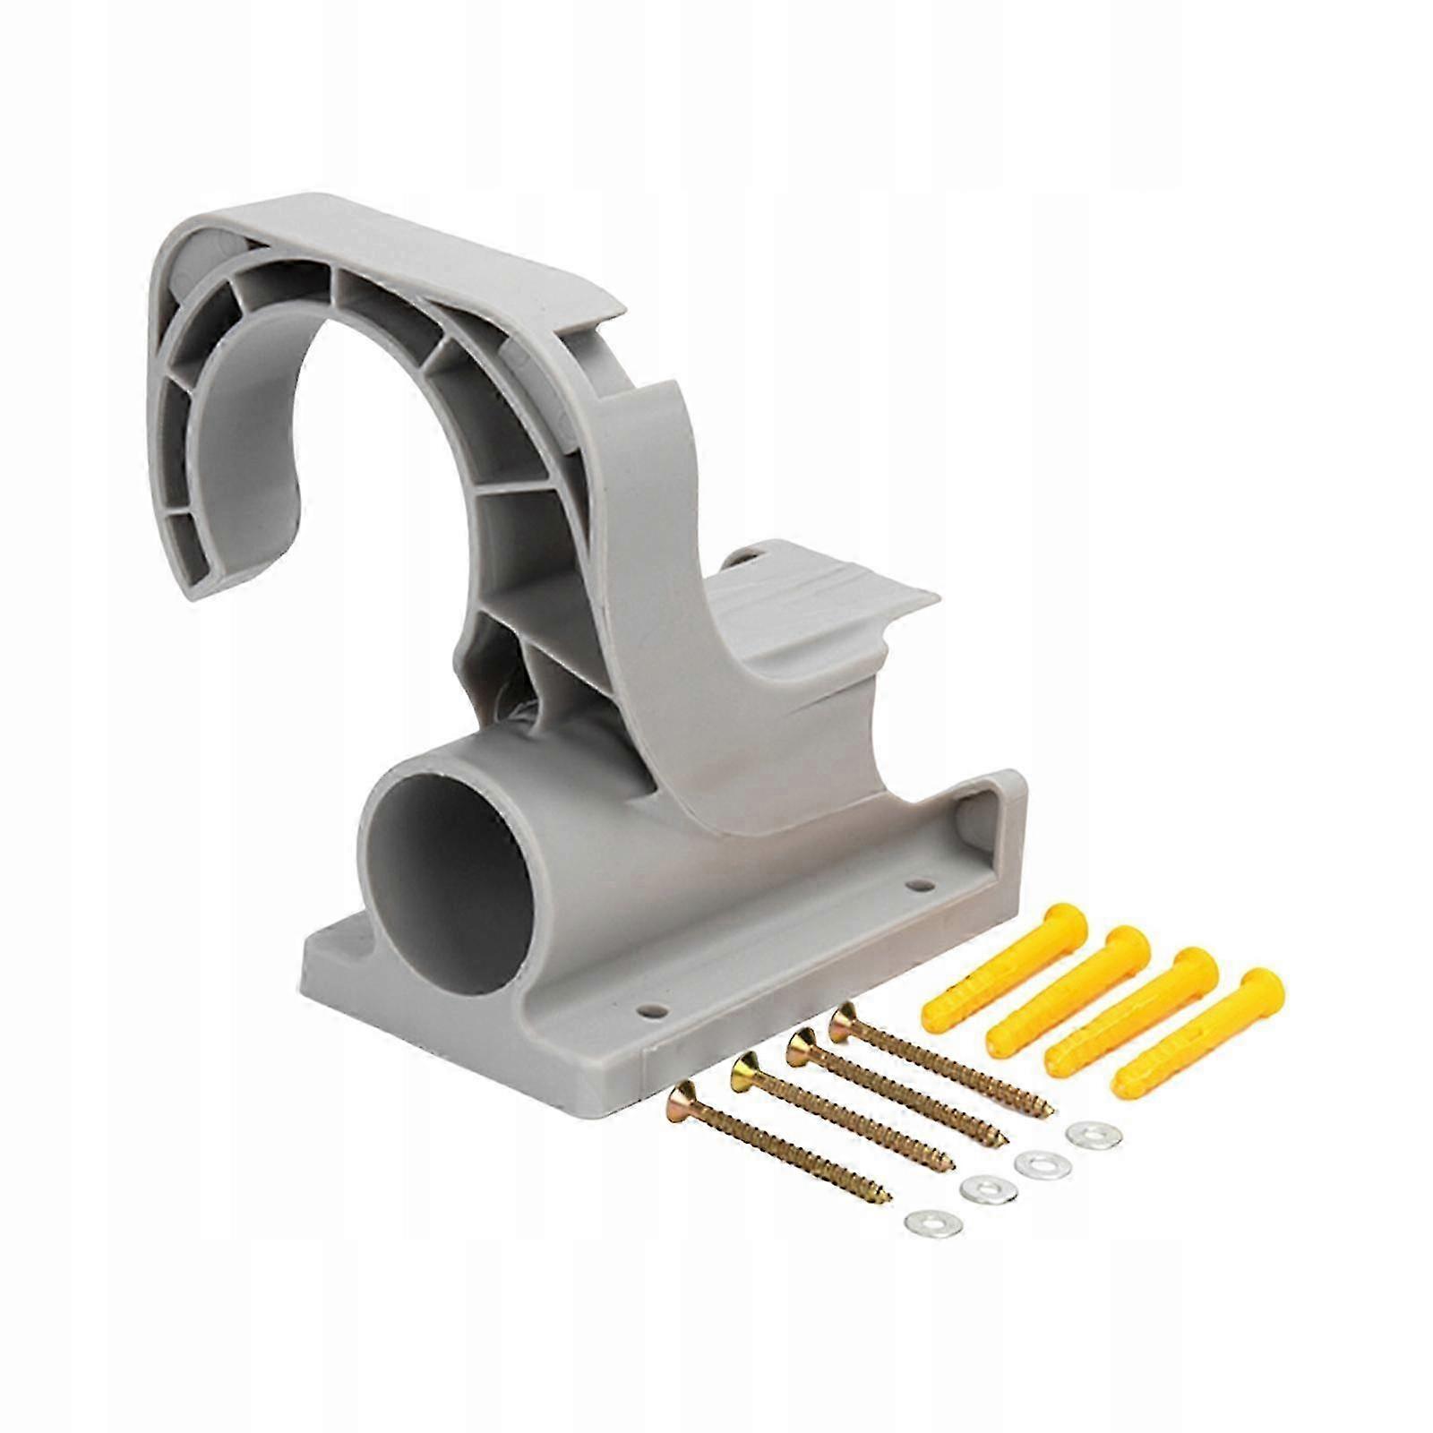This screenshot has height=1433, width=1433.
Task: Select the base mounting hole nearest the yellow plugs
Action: pos(914,887)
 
